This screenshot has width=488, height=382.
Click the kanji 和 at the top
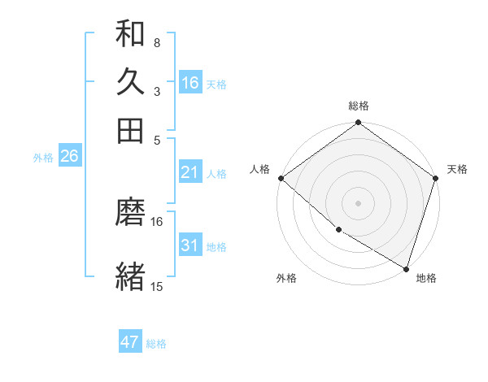pos(130,34)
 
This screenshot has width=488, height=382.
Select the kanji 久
pos(130,82)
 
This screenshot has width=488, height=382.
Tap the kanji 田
pos(130,130)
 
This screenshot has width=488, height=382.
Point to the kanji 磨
pos(130,214)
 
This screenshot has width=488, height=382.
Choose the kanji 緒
pos(130,276)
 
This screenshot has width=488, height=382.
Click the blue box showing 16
pos(190,82)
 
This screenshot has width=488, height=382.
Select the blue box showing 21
pos(190,172)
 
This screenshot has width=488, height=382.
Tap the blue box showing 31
pos(190,245)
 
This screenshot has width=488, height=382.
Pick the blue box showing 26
pos(69,157)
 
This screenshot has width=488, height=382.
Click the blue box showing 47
pos(130,342)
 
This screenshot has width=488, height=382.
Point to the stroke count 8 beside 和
pos(157,42)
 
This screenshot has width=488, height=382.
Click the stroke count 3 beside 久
pos(157,91)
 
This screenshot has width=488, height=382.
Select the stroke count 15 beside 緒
pos(157,286)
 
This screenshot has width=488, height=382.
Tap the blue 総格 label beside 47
pos(157,344)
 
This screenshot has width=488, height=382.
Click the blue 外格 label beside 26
pos(43,158)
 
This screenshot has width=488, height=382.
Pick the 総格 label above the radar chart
pos(358,106)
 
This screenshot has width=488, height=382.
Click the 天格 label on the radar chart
pos(457,169)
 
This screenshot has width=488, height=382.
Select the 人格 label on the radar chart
pos(260,169)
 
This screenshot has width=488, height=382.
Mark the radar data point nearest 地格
pos(406,267)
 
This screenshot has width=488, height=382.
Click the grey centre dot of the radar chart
pos(358,202)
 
